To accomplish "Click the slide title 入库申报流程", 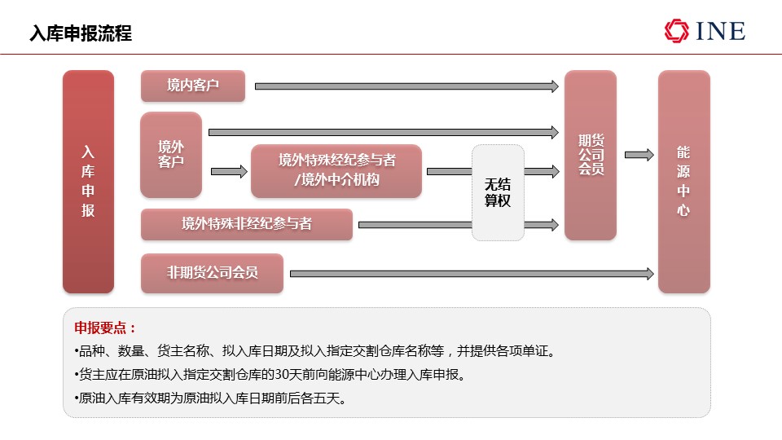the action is coord(81,33).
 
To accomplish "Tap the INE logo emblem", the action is coord(677,31).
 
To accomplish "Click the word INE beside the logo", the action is coord(721,31).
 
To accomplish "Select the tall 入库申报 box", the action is coord(88,182).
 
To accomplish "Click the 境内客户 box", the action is coord(193,86).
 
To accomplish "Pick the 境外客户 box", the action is coord(171,155).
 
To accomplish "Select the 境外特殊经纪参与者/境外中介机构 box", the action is coord(336,170).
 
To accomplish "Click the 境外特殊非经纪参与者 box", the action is coord(247,225).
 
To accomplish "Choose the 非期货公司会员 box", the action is coord(212,273).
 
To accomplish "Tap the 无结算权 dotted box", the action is coord(498,192).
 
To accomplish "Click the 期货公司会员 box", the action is coord(591,155).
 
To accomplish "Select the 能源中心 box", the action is coord(683,182).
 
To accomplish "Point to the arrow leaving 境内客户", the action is coord(406,86).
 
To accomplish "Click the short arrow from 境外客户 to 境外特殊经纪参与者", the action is coord(229,172).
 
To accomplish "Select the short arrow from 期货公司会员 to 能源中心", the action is coord(639,155).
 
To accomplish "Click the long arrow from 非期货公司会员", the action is coord(472,274).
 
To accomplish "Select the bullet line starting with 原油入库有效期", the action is coord(210,398).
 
